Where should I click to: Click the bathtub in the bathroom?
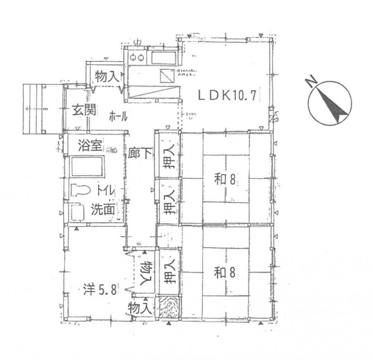click(87, 167)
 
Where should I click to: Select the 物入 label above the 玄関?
click(106, 77)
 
